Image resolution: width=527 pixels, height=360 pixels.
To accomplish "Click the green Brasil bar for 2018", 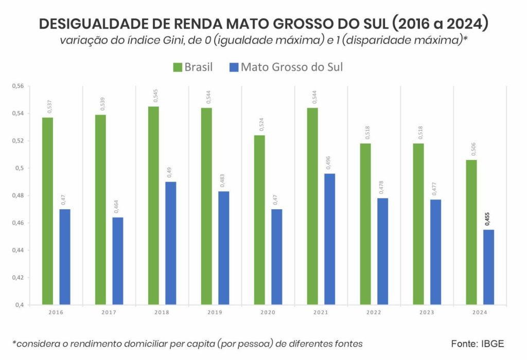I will (x=153, y=206).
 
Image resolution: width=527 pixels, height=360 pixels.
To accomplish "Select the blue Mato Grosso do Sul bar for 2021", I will (x=329, y=239).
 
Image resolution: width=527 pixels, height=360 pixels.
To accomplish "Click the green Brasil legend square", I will (x=177, y=67).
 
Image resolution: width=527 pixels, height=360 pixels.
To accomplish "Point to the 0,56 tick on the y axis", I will (x=17, y=86).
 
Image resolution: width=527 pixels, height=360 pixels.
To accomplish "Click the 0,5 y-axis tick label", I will (x=20, y=169).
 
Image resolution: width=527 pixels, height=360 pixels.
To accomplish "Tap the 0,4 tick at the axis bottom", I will (x=20, y=305).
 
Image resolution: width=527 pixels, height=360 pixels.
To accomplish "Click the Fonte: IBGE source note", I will (x=478, y=344).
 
